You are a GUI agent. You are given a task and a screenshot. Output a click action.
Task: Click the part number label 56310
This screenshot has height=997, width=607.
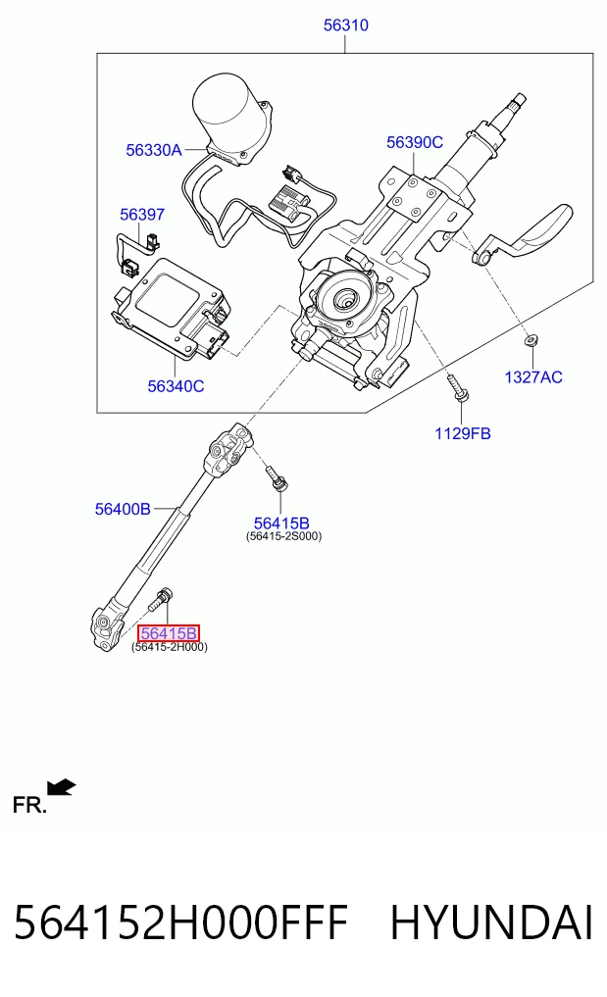coord(345,25)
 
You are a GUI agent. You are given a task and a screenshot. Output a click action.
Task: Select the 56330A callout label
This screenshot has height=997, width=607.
coord(154,150)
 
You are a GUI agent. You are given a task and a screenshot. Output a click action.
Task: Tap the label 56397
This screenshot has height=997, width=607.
coord(142,215)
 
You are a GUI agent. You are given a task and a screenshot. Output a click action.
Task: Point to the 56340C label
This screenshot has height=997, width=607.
coord(176,386)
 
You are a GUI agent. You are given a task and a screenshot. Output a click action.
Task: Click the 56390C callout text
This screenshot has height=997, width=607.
coord(415,142)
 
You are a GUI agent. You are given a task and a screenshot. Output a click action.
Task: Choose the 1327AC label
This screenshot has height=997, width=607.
coord(533,377)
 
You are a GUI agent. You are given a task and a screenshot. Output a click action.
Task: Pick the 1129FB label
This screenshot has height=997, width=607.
coord(463,433)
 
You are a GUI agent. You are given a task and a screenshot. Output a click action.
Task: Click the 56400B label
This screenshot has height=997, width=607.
coord(123,509)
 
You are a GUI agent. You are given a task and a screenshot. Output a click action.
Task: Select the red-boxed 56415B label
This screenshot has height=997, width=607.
coord(169,633)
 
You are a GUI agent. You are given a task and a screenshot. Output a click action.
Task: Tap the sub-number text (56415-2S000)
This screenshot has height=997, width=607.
coord(283,536)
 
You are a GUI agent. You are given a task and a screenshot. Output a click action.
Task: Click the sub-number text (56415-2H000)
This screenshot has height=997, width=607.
coord(170,647)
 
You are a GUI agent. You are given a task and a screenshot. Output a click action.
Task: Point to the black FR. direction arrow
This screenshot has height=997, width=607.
coord(62,787)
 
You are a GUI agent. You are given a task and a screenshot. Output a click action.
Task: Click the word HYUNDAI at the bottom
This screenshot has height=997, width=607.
coord(491,923)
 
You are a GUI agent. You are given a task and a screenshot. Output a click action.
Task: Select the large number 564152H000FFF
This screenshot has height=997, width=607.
coord(180,923)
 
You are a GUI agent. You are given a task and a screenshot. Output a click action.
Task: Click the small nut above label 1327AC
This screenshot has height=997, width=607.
coord(530,342)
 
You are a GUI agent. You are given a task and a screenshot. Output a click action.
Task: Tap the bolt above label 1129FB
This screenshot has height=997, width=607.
coord(458,388)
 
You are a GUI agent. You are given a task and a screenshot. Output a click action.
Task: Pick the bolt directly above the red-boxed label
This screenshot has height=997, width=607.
coord(161,599)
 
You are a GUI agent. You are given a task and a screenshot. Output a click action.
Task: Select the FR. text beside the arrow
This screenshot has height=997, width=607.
coord(29,806)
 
